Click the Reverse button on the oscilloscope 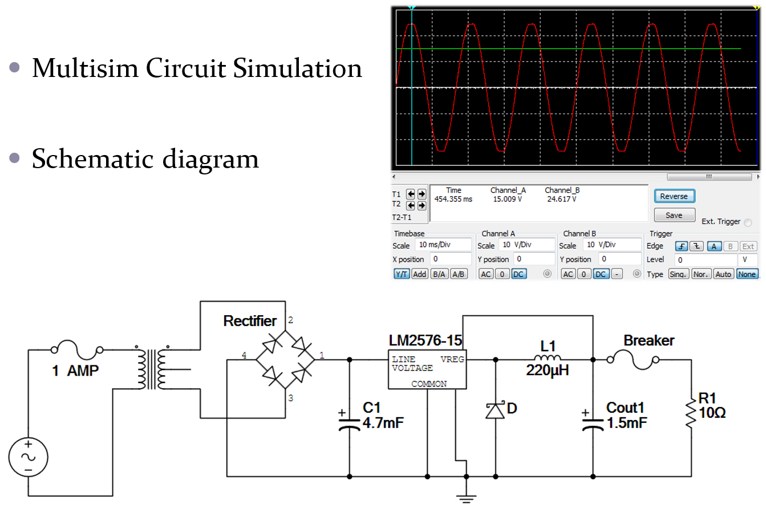pos(674,196)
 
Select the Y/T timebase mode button pos(402,274)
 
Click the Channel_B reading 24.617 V pos(561,199)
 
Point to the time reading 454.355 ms pos(453,199)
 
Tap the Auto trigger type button pos(723,274)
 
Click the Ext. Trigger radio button pos(748,222)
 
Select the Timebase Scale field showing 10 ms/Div pos(442,245)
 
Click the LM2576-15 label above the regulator pos(425,341)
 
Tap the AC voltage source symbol pos(27,457)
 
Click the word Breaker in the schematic pos(649,341)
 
